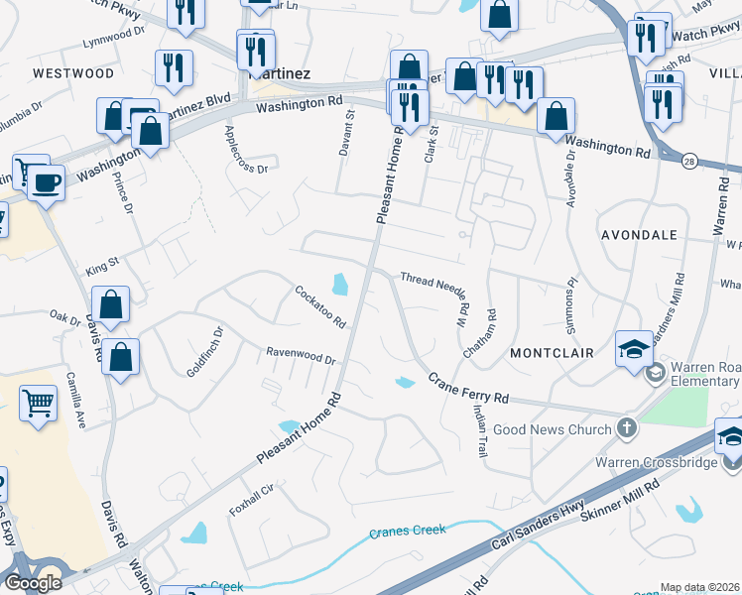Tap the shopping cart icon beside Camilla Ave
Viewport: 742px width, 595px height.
point(38,405)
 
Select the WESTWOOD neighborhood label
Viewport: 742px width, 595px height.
point(72,73)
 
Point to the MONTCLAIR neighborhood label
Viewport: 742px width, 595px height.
point(552,353)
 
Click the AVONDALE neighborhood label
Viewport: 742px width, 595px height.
point(639,235)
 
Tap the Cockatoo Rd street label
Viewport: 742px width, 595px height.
point(319,307)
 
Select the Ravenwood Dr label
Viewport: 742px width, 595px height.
point(302,355)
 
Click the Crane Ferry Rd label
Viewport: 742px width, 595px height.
point(468,387)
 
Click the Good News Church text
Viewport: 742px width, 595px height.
point(549,427)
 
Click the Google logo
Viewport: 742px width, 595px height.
point(33,582)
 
